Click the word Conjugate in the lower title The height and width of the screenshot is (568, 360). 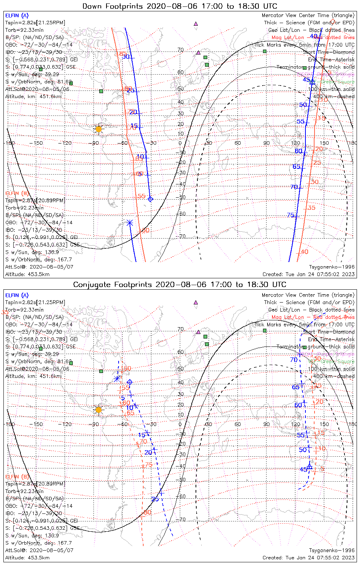[90, 285]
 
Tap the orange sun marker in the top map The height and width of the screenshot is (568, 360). [99, 129]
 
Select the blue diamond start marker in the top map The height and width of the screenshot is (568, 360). [150, 199]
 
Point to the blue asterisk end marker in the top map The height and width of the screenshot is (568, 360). [130, 223]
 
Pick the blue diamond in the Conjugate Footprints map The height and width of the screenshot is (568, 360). [130, 382]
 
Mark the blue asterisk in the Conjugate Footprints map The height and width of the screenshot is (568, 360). [117, 379]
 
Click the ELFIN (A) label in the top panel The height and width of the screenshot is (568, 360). [17, 16]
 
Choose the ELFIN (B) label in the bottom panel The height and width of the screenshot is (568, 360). [17, 476]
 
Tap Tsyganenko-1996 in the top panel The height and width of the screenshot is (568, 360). [332, 267]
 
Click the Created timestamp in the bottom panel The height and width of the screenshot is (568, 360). [308, 558]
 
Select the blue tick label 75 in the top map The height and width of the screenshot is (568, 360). [291, 215]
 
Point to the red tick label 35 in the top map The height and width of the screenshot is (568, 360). [311, 208]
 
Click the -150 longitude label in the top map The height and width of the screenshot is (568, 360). [38, 143]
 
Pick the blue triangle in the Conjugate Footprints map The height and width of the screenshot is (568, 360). [310, 467]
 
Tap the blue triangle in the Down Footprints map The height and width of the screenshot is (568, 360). [312, 81]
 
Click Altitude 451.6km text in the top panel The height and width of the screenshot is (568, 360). [33, 97]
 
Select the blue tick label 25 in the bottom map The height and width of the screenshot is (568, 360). [155, 499]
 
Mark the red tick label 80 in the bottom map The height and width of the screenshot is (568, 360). [147, 512]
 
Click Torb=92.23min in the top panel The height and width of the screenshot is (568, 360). [24, 208]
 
